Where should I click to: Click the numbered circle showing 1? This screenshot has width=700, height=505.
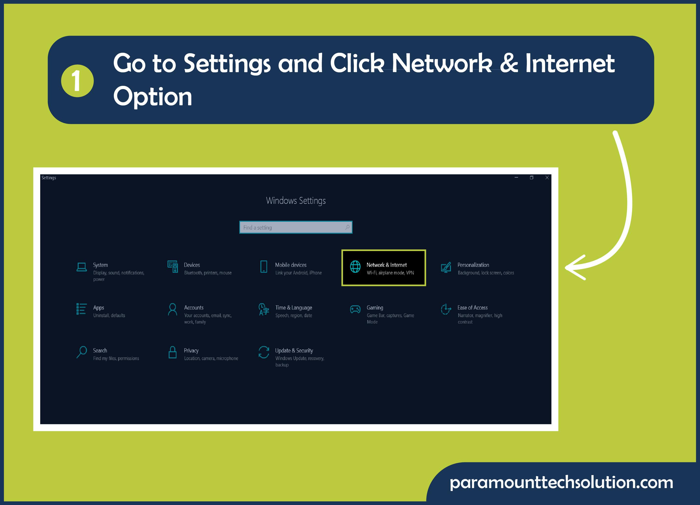[77, 81]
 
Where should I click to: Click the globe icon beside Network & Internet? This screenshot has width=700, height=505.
[355, 266]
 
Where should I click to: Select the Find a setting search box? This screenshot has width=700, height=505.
[296, 227]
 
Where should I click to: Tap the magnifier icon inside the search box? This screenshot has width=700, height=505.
[347, 227]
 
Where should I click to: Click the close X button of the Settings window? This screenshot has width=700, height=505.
[547, 178]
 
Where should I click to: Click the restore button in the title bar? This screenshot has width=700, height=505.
[532, 178]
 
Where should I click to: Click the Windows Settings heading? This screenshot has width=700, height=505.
[296, 201]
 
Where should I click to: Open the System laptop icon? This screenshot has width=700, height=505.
[81, 267]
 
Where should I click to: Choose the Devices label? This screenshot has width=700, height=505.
[192, 265]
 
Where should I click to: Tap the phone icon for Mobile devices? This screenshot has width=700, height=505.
[264, 267]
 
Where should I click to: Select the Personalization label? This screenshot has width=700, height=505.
[473, 265]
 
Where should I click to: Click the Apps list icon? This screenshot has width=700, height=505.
[81, 309]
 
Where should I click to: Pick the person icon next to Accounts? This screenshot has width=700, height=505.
[173, 309]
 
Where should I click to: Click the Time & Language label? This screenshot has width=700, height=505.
[293, 308]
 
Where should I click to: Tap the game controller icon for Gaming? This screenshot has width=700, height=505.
[355, 309]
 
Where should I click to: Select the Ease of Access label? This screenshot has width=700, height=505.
[472, 308]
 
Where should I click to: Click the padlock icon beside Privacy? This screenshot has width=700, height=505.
[173, 352]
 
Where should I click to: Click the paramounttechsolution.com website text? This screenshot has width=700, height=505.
[561, 482]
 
